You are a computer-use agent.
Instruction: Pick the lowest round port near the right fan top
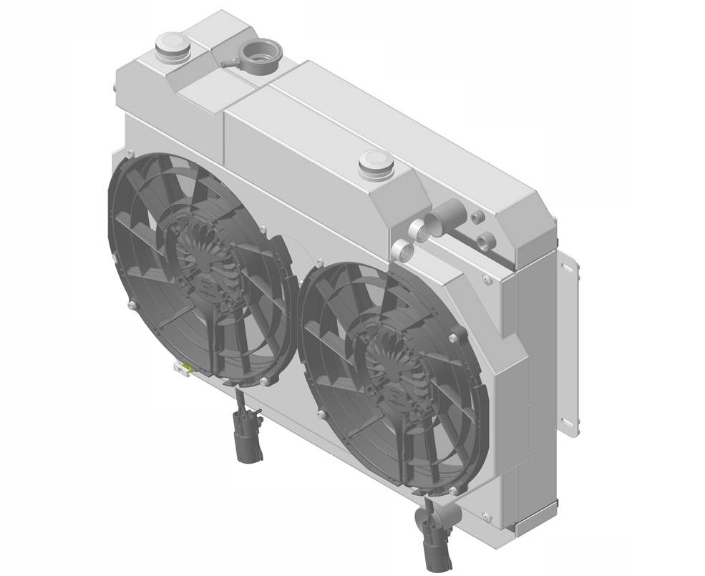pos(402,250)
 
